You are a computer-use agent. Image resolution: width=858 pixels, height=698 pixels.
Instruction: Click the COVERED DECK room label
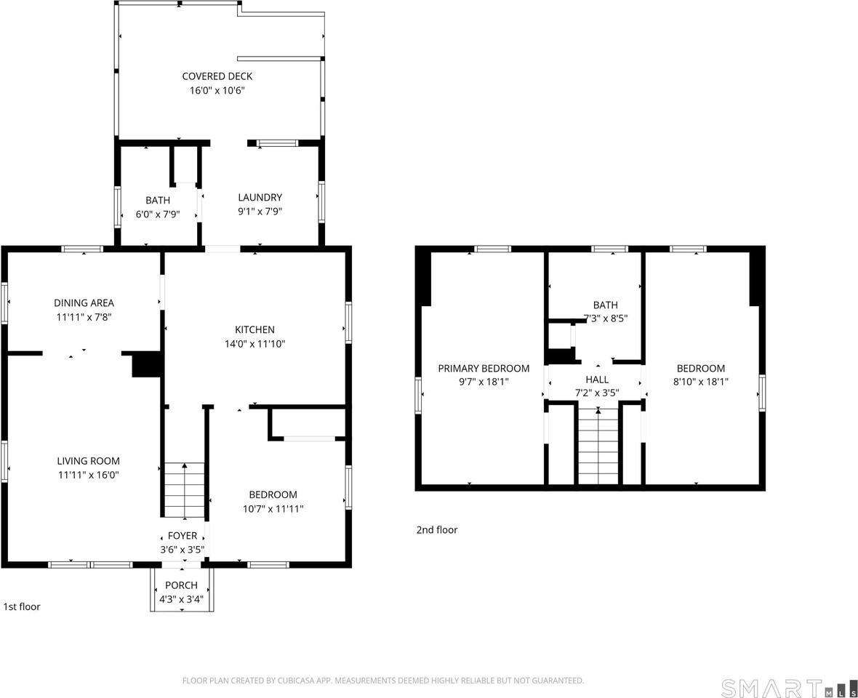(x=217, y=76)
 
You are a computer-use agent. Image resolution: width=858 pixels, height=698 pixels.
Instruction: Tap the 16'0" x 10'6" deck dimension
(x=217, y=91)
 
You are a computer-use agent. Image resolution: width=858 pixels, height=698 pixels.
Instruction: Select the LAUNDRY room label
(x=260, y=198)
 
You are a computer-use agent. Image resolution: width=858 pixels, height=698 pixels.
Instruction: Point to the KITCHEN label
(x=254, y=330)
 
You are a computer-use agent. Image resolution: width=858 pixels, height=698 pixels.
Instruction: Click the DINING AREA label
(x=84, y=303)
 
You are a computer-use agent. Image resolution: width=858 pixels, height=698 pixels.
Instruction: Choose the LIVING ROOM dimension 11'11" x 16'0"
(x=88, y=475)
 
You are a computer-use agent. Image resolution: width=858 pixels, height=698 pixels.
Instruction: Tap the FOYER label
(x=182, y=536)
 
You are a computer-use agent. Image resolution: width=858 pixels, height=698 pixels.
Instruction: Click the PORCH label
(x=181, y=585)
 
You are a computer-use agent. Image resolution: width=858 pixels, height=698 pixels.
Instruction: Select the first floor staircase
(x=184, y=491)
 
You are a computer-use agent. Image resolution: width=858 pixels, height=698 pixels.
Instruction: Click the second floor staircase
(x=598, y=447)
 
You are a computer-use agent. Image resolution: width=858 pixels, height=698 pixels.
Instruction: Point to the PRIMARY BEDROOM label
(x=484, y=369)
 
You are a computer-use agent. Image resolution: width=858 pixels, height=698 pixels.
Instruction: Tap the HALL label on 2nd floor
(x=597, y=380)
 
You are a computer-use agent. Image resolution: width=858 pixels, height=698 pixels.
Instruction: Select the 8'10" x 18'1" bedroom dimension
(x=700, y=381)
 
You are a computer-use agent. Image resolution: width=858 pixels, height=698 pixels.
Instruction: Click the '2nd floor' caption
(x=436, y=530)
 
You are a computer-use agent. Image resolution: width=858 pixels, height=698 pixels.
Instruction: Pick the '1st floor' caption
(x=22, y=606)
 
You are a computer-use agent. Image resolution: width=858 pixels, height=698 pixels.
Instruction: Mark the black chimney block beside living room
(x=146, y=364)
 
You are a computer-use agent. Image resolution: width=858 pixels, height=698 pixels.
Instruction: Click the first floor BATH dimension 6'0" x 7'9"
(x=158, y=214)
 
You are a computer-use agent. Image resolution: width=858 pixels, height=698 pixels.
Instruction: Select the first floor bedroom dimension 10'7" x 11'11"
(x=273, y=509)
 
